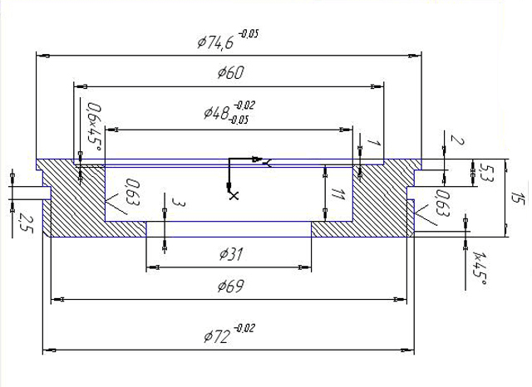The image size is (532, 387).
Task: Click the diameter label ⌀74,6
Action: [215, 42]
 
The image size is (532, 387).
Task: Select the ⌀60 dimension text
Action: [231, 72]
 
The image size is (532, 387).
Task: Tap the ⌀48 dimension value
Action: [216, 112]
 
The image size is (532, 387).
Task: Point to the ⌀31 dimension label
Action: [231, 254]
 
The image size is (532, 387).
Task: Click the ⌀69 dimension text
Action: [231, 286]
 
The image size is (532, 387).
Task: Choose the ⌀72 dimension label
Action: [216, 336]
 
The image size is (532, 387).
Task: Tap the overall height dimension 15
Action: [519, 198]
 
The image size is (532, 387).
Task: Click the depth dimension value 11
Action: [337, 194]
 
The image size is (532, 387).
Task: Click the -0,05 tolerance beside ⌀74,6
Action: [249, 34]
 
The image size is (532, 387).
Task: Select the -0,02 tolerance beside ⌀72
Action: [244, 328]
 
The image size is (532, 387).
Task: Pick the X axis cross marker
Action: [234, 195]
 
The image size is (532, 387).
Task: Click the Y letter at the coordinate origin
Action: [268, 164]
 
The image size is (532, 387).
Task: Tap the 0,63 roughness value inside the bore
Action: [133, 192]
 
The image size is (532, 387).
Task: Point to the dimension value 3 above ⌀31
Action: [179, 203]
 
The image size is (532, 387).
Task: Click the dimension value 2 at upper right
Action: [457, 140]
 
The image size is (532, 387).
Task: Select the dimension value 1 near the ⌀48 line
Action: [374, 142]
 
